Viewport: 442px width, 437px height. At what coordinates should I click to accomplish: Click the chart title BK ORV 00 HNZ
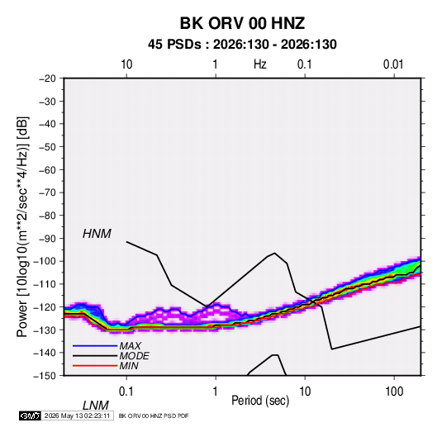(242, 23)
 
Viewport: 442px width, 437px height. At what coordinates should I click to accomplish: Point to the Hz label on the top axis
(260, 64)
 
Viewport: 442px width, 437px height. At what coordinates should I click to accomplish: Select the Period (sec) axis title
(260, 401)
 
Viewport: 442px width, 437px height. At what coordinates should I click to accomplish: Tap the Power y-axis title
(22, 227)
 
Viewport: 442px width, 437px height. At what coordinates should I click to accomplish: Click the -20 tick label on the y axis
(47, 78)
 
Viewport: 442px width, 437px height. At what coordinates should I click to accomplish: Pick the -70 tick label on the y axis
(47, 192)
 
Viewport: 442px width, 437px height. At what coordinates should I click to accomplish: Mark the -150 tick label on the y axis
(45, 376)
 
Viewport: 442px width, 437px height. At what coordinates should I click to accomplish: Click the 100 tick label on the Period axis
(394, 392)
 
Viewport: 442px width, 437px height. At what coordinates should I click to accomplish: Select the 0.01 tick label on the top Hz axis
(393, 64)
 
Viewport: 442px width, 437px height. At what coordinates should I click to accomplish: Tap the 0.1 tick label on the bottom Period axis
(126, 392)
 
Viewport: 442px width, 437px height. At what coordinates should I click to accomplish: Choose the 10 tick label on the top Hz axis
(126, 64)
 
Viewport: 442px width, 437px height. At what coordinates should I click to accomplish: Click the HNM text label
(97, 234)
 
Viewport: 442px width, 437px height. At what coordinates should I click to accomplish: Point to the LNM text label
(96, 406)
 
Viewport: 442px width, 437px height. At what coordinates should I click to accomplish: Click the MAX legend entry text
(130, 346)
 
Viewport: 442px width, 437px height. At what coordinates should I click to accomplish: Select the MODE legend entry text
(134, 356)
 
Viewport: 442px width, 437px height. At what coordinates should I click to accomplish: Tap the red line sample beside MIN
(95, 366)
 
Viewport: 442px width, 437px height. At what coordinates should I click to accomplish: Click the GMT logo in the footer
(30, 416)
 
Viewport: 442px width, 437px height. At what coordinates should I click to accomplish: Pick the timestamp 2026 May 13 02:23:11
(77, 416)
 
